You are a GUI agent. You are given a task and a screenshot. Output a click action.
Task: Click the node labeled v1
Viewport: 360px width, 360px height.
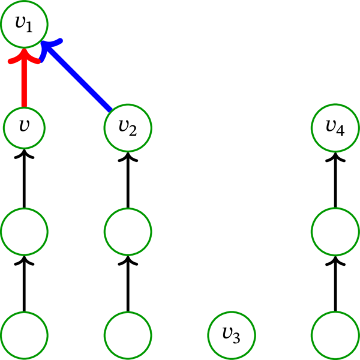pos(24,24)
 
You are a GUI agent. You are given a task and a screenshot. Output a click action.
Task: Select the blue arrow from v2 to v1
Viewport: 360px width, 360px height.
pos(78,78)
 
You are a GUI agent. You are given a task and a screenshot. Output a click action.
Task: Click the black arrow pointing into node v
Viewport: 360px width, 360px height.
pos(24,180)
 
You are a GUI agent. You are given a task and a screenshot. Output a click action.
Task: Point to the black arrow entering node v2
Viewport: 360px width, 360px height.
pos(128,180)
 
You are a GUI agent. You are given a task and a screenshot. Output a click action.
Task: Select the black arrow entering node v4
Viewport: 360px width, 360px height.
pos(335,180)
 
